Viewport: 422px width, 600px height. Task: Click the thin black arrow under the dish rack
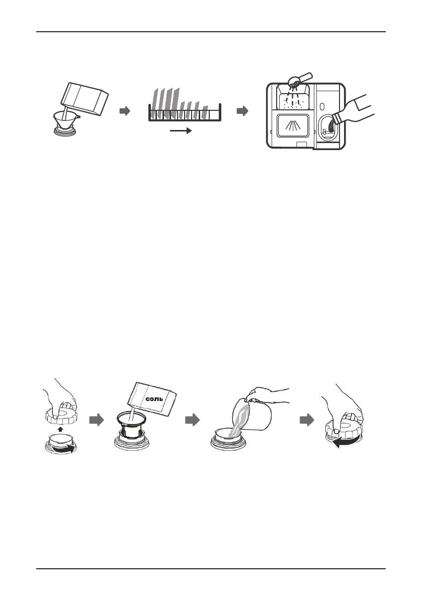pos(181,130)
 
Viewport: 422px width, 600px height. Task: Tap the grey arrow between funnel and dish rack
pos(125,111)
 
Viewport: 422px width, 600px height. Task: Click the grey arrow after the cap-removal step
pos(96,420)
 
